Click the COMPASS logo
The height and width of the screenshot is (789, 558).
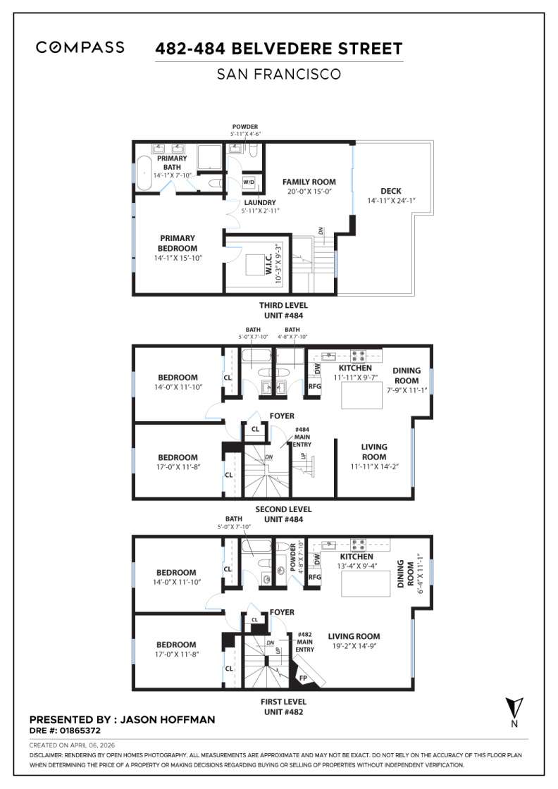[80, 48]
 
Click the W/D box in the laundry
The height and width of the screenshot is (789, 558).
[249, 182]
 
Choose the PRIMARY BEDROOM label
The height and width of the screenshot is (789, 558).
[177, 243]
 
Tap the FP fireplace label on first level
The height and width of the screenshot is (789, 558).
[304, 678]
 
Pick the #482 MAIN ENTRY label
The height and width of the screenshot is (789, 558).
[305, 642]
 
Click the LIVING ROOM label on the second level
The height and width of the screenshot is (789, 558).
[374, 452]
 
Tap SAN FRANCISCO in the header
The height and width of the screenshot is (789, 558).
[279, 73]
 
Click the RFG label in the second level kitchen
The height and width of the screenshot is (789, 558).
[315, 385]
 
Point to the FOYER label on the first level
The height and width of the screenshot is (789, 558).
[282, 612]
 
